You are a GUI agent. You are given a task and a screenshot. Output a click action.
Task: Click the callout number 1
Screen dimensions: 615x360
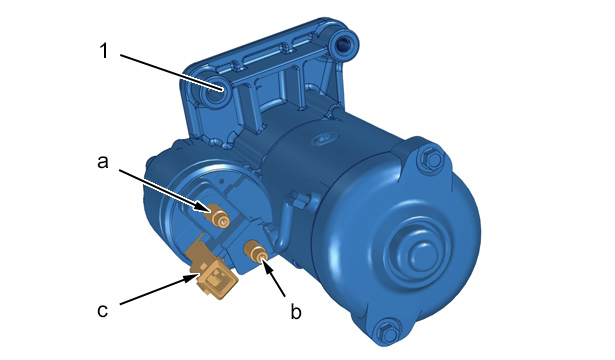coord(104,51)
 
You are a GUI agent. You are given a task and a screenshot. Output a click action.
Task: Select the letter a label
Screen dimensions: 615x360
coord(103,162)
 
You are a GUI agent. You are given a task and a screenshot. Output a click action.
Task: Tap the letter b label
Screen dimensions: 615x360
coord(296,311)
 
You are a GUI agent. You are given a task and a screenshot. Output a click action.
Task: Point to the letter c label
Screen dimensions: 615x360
coord(102,311)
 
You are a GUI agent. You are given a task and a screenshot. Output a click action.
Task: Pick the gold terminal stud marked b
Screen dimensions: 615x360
coord(256,252)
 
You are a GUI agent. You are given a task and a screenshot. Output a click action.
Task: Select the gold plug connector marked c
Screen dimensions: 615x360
coord(216,280)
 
